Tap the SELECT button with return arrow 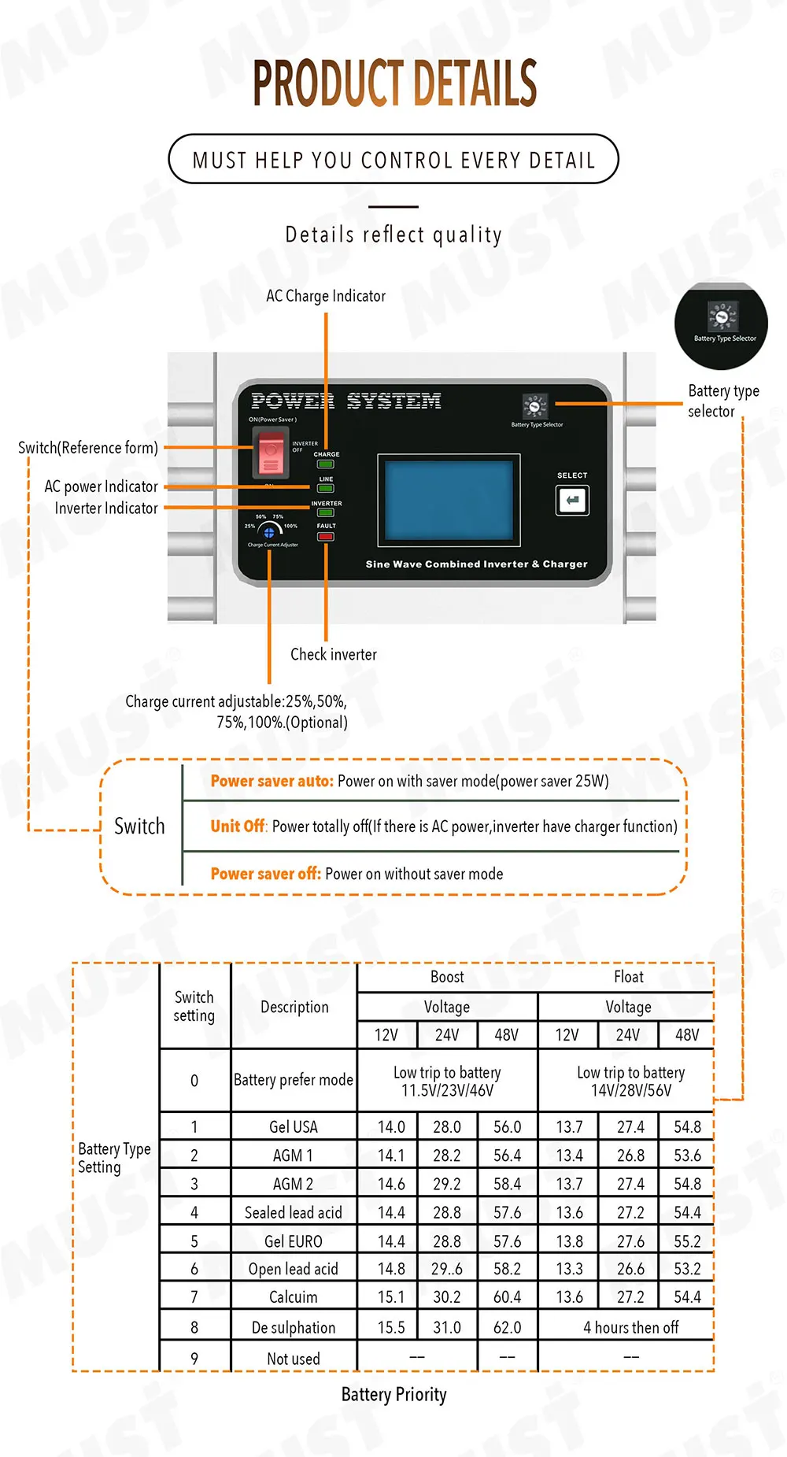[572, 500]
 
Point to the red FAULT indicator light [326, 537]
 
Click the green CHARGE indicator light [326, 464]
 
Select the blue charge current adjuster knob [269, 533]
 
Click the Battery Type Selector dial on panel [535, 406]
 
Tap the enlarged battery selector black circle [721, 325]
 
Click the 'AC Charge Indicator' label [326, 296]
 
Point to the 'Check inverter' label [334, 654]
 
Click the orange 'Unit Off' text [238, 826]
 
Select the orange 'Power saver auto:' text [272, 781]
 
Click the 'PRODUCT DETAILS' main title [394, 83]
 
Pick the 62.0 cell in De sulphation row [507, 1327]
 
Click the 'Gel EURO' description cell [294, 1241]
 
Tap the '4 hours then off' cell [630, 1327]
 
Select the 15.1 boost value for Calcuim [391, 1296]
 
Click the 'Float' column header [628, 977]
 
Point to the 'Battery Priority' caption [393, 1394]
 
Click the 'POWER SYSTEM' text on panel [345, 401]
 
